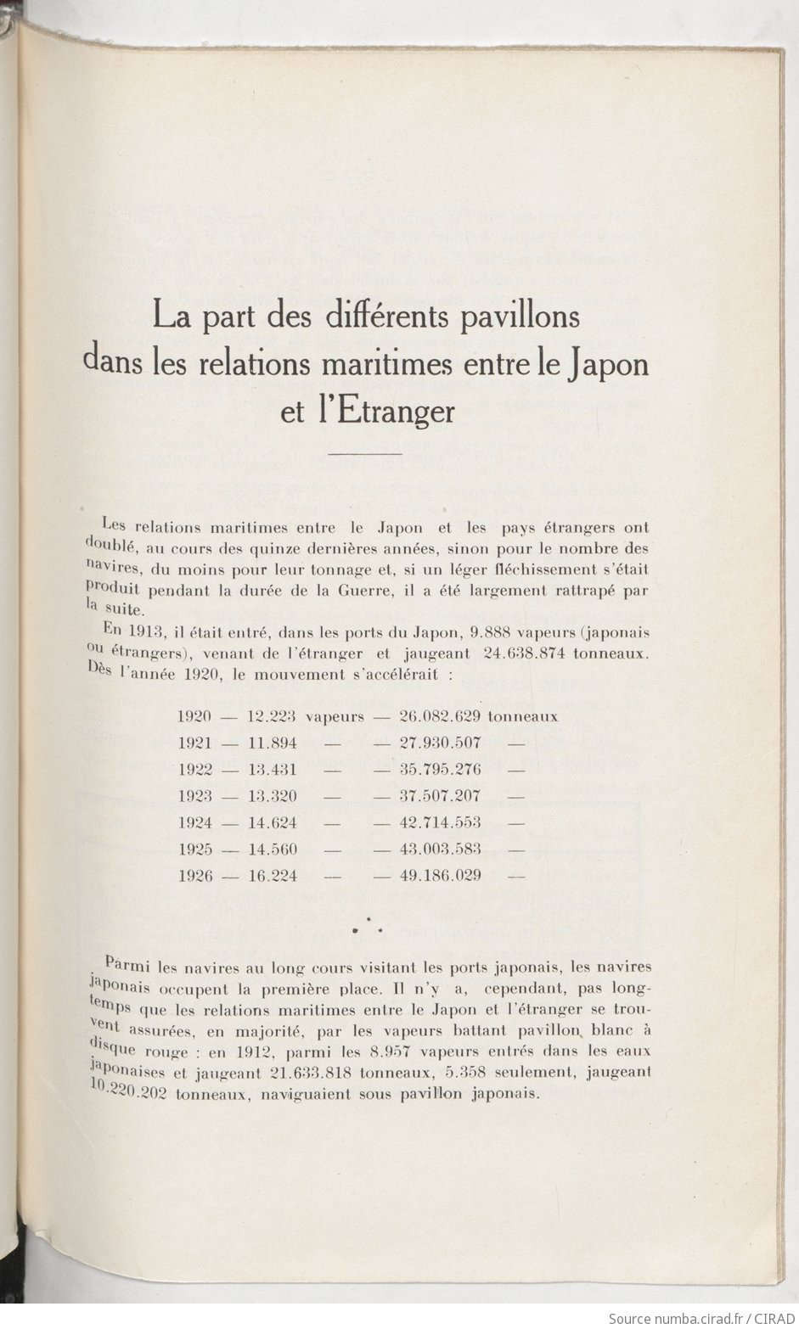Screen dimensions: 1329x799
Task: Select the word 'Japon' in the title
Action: click(607, 364)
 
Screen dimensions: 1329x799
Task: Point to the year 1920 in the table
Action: click(194, 716)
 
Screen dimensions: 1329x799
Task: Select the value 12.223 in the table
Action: click(272, 716)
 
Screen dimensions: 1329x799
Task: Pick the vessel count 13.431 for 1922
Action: click(272, 770)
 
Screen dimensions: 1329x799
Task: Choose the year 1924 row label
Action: click(194, 822)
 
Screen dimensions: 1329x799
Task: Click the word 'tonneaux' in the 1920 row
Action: click(523, 716)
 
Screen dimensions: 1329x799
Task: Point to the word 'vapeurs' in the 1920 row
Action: click(335, 716)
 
